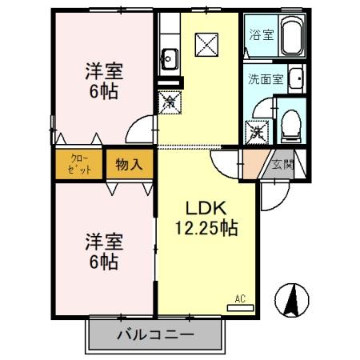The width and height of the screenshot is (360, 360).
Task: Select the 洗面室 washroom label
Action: [263, 79]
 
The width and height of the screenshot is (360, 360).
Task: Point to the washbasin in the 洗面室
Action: [294, 79]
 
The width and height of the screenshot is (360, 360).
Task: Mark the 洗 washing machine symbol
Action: [258, 131]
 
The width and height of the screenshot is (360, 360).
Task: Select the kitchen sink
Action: [170, 58]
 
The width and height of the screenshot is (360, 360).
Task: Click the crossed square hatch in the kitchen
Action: [207, 42]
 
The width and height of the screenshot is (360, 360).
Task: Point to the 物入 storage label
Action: [128, 165]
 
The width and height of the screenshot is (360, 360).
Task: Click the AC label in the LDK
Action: [239, 299]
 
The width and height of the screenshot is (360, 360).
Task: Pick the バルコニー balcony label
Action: [154, 333]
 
